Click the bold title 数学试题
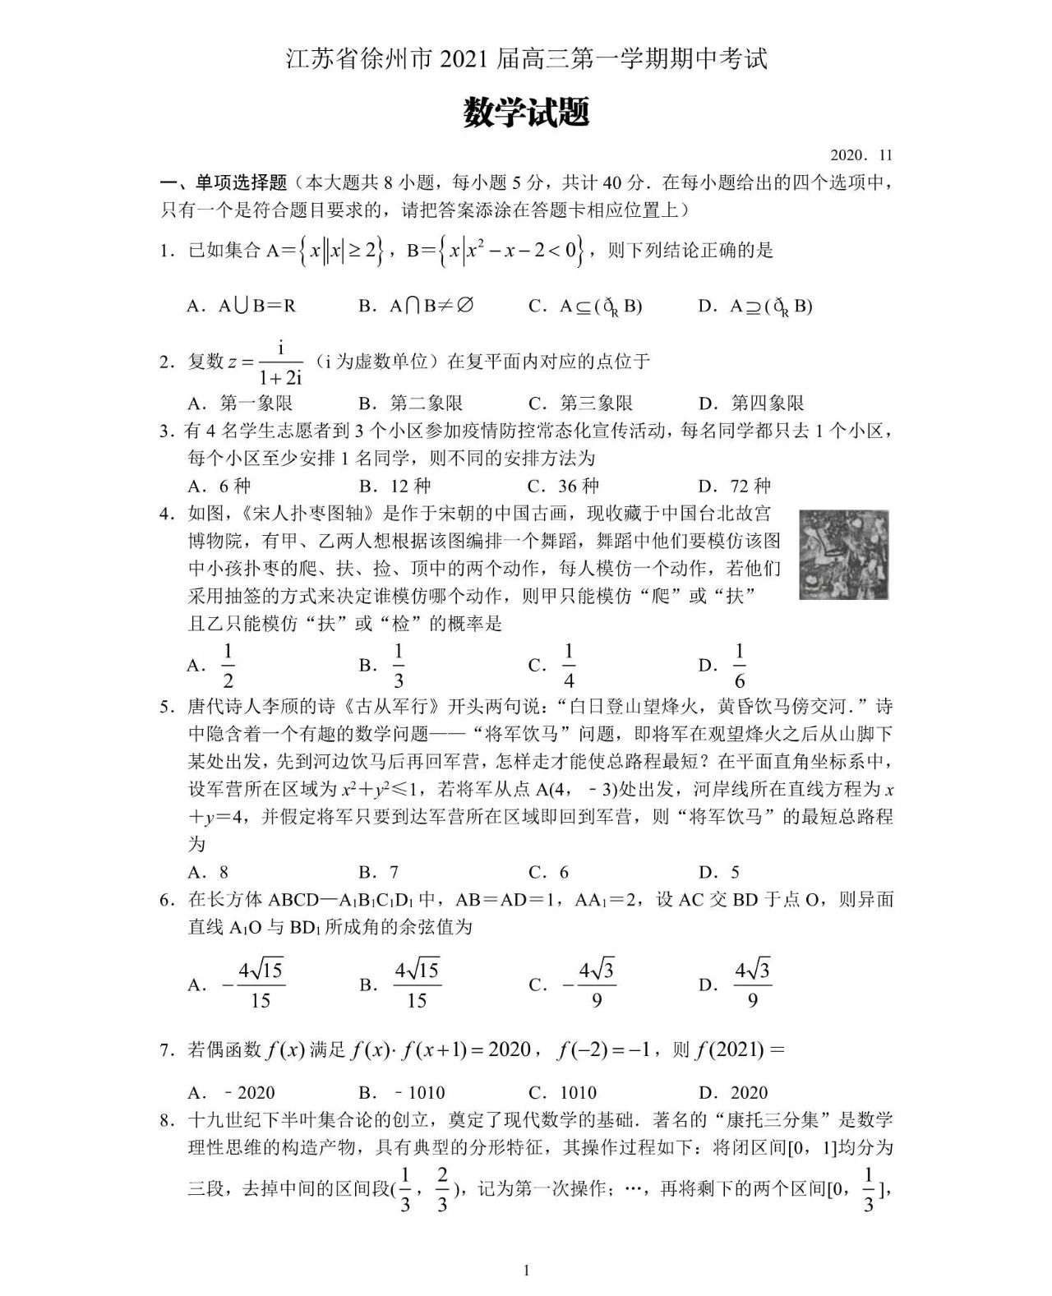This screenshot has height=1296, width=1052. (x=526, y=113)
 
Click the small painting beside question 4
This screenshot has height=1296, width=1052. (x=844, y=554)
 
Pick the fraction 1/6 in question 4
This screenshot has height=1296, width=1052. (x=739, y=666)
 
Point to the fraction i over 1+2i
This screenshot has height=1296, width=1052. (x=281, y=362)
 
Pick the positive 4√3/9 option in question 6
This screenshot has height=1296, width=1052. (x=751, y=984)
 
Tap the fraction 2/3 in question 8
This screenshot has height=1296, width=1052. (x=442, y=1189)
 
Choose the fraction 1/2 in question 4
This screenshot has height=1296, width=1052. (x=228, y=666)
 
